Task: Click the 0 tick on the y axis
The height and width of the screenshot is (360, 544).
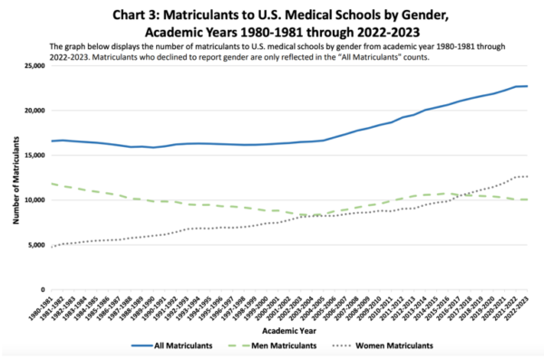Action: click(43, 289)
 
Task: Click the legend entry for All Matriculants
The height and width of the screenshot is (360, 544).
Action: click(185, 345)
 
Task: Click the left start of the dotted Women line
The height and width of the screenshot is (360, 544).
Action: click(52, 247)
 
